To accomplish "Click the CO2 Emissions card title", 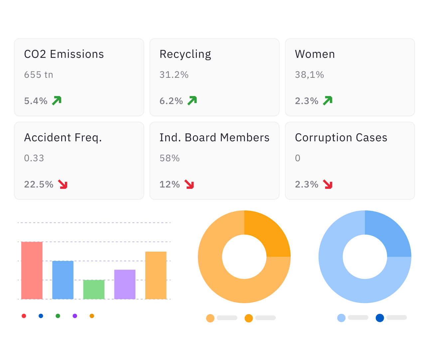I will [64, 54].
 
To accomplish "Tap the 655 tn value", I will [39, 75].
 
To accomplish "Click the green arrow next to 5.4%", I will [57, 100].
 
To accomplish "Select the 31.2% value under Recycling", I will [174, 75].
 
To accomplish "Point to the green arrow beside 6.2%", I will [192, 100].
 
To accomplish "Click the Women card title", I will [315, 54].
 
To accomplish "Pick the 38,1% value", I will [309, 75].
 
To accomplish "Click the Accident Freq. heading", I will [63, 138].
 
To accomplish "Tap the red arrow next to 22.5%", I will [63, 184].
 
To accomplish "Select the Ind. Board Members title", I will [214, 138].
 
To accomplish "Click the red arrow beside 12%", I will [189, 184].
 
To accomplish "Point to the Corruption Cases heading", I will [341, 138].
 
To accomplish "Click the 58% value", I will [170, 158].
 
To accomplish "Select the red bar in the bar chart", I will [32, 270].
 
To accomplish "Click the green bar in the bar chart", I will [94, 290].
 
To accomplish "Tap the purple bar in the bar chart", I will [125, 284].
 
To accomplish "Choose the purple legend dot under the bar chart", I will [75, 316].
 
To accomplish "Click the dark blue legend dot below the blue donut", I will [380, 318].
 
